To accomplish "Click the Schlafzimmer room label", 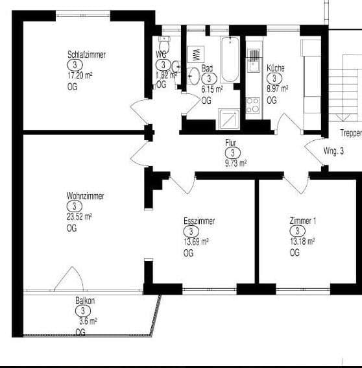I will pyautogui.click(x=86, y=55).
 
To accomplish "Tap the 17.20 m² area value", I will pyautogui.click(x=80, y=75).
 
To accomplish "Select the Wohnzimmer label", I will pyautogui.click(x=84, y=195).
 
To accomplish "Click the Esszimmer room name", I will pyautogui.click(x=199, y=221).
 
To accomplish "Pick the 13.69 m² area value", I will pyautogui.click(x=196, y=241).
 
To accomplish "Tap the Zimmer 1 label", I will pyautogui.click(x=303, y=221).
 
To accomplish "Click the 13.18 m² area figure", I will pyautogui.click(x=302, y=241).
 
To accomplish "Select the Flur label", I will pyautogui.click(x=230, y=142).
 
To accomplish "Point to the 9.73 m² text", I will pyautogui.click(x=235, y=163).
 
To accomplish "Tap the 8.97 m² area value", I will pyautogui.click(x=277, y=89).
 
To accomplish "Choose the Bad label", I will pyautogui.click(x=207, y=68).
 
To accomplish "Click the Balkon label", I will pyautogui.click(x=85, y=301).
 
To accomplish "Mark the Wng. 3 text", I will pyautogui.click(x=333, y=151).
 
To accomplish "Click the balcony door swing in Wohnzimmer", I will pyautogui.click(x=69, y=280).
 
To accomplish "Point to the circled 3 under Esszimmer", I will pyautogui.click(x=190, y=232).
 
